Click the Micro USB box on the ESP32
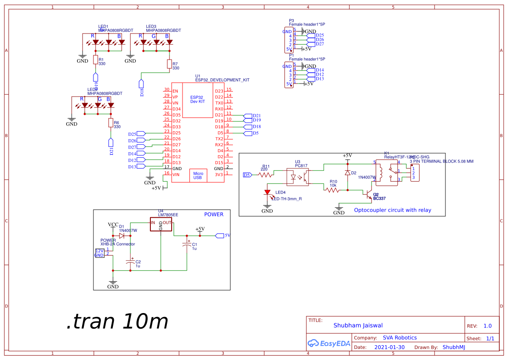pyautogui.click(x=198, y=175)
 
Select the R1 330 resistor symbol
pyautogui.click(x=95, y=60)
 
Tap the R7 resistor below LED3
pyautogui.click(x=169, y=64)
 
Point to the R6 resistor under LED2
pyautogui.click(x=110, y=123)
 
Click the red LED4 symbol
pyautogui.click(x=267, y=192)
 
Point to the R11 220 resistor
pyautogui.click(x=265, y=175)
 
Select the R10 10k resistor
pyautogui.click(x=332, y=190)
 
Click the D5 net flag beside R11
pyautogui.click(x=247, y=175)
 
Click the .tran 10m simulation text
pyautogui.click(x=117, y=322)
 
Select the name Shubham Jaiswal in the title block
pyautogui.click(x=358, y=325)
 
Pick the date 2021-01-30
pyautogui.click(x=389, y=347)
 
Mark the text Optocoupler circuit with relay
pyautogui.click(x=393, y=210)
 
